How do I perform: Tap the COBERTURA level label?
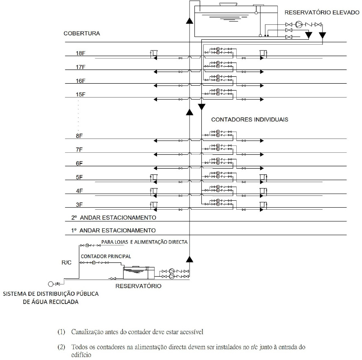[x=82, y=33]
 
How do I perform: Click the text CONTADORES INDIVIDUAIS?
[x=250, y=120]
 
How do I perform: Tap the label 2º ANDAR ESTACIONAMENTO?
[x=113, y=218]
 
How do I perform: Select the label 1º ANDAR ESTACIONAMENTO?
[x=113, y=230]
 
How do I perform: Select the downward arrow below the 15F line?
[x=201, y=107]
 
